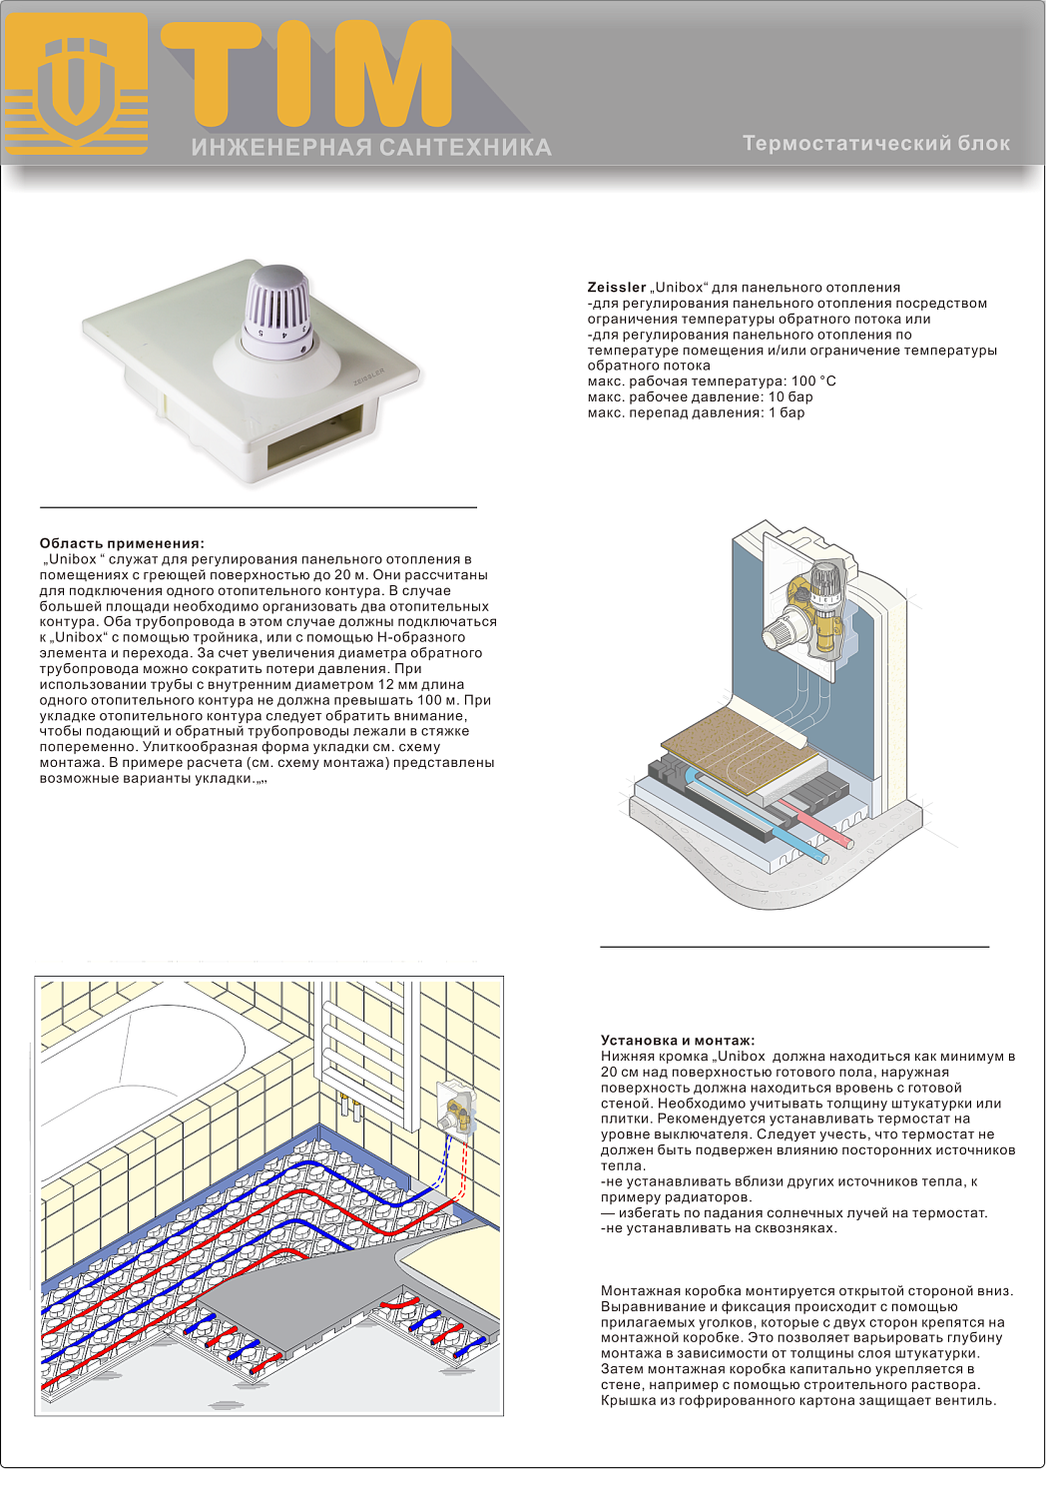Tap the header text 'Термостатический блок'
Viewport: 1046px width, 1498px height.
[876, 144]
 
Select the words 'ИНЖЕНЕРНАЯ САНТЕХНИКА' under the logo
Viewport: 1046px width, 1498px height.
[371, 148]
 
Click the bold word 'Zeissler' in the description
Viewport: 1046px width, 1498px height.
[616, 288]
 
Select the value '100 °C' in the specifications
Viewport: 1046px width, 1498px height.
[813, 381]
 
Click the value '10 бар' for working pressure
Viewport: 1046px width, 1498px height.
[790, 397]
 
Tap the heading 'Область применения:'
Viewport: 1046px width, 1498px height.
[122, 543]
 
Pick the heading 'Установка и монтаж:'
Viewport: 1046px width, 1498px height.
[678, 1041]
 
